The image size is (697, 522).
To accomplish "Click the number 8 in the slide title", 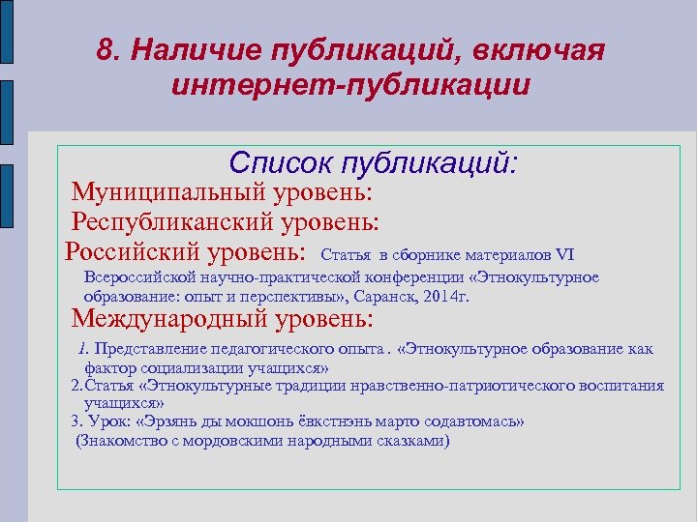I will tap(105, 50).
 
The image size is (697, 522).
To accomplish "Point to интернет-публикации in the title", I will tap(350, 86).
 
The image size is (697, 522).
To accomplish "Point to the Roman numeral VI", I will tap(564, 255).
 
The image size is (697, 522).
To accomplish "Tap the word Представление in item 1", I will tap(150, 348).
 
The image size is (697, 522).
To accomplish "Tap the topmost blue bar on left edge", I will tap(7, 38).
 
